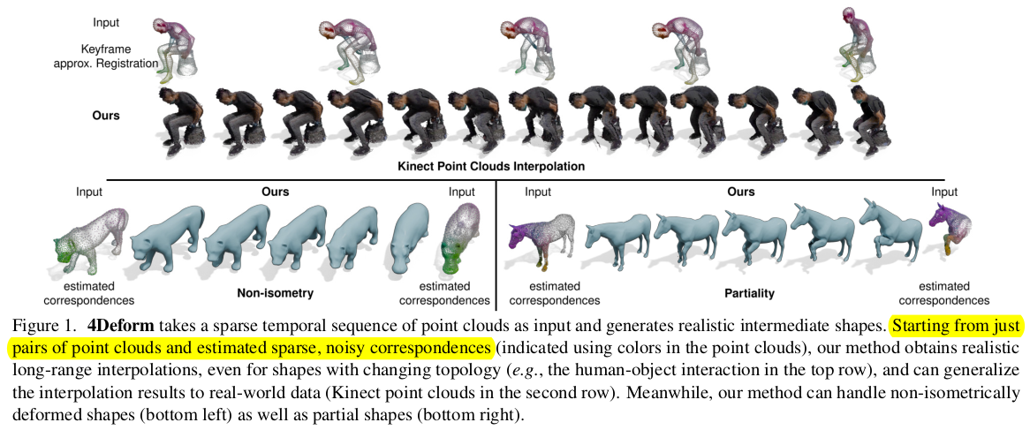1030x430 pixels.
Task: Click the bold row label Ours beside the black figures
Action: [x=106, y=115]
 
